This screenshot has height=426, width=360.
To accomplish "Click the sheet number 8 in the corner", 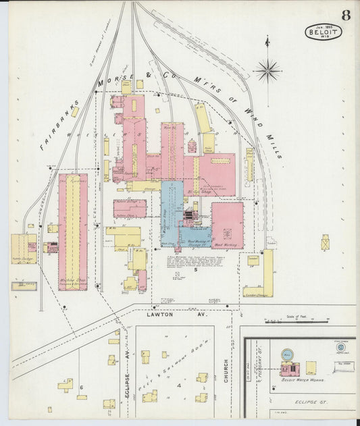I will (345, 14).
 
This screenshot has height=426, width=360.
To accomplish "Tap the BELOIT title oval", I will (324, 32).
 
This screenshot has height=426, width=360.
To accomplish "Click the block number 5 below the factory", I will (195, 270).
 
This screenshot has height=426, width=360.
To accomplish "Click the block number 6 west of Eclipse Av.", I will (81, 387).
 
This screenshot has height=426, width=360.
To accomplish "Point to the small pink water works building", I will (290, 369).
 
